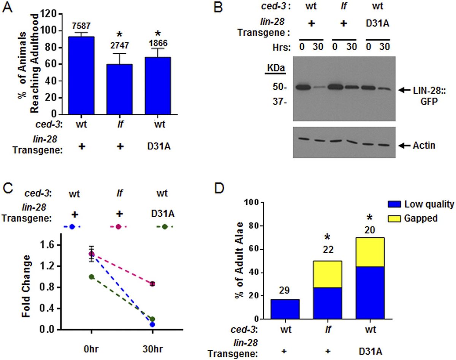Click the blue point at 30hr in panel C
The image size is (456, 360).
[x=152, y=324]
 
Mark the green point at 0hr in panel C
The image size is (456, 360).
[x=92, y=277]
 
